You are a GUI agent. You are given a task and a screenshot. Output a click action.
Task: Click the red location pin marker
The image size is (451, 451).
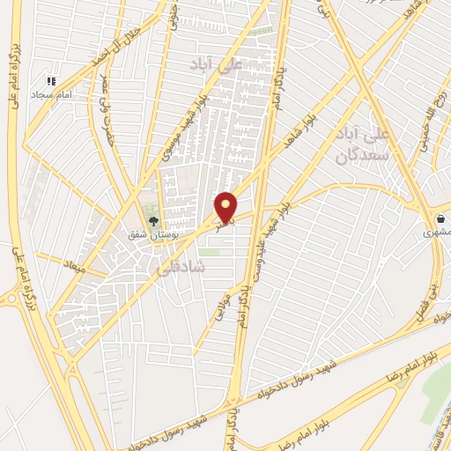[x=226, y=207]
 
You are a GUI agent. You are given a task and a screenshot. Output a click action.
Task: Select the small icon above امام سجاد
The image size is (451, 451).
[x=54, y=80]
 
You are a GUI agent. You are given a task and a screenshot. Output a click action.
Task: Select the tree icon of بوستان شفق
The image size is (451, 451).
[x=153, y=222]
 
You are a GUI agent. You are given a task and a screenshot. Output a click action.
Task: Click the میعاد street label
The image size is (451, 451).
[x=72, y=262]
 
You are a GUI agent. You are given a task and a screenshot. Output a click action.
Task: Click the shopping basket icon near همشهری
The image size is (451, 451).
[x=439, y=218]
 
